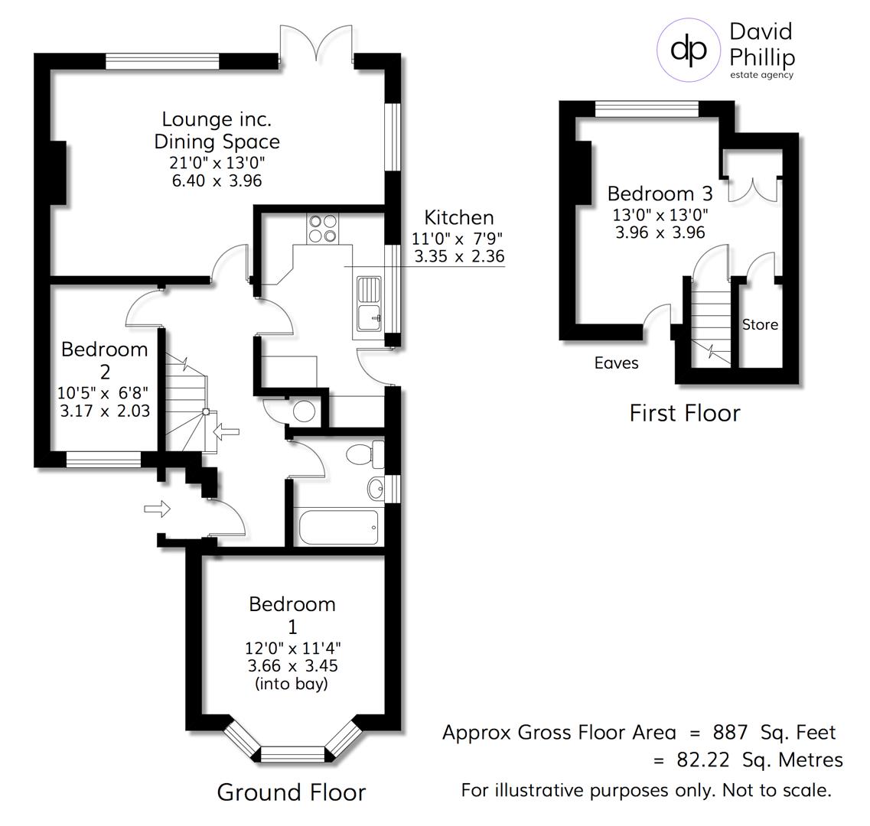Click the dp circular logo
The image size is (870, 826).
coord(689,49)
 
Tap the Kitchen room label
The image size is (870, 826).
coord(459,217)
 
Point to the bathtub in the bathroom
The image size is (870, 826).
coord(337,527)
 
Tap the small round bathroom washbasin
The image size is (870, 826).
coord(374,487)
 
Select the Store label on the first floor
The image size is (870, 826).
coord(760,325)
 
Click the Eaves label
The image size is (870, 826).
coord(616,363)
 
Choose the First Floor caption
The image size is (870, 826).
coord(684,413)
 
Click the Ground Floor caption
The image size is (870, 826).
coord(292,792)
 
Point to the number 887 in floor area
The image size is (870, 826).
coord(730,733)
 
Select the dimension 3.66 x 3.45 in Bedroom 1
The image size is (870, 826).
coord(292,666)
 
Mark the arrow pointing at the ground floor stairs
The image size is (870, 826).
coord(226,433)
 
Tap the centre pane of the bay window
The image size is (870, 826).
coord(293,755)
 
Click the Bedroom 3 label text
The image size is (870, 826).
coord(660,193)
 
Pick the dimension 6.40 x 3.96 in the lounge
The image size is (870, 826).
coord(217,180)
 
